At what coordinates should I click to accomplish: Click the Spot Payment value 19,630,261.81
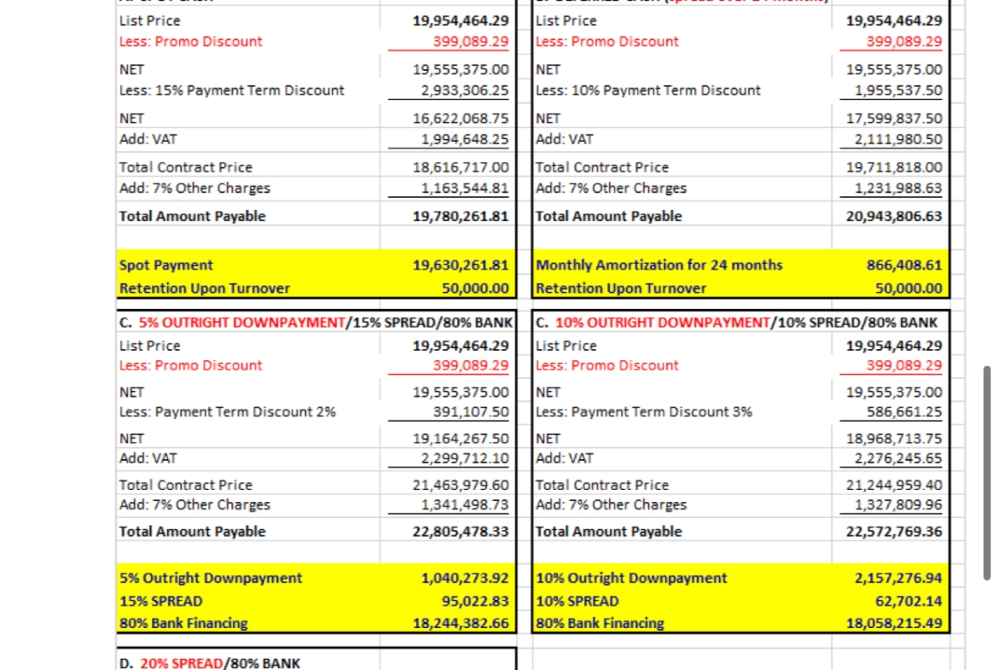460,265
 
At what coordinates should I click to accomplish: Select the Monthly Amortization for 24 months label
659,265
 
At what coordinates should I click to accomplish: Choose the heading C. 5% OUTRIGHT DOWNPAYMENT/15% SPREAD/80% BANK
316,323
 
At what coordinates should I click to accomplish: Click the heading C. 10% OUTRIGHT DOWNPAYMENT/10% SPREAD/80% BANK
738,323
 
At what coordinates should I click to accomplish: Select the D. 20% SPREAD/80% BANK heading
210,663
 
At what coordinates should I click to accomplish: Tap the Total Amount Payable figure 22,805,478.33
460,532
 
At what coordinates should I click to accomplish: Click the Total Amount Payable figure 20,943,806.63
894,217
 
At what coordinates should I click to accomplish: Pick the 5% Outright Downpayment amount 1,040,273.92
465,579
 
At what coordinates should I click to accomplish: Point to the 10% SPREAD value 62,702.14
910,601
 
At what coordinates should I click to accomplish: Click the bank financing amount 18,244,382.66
460,623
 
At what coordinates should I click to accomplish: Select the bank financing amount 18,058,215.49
894,623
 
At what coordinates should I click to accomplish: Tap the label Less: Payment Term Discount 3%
644,411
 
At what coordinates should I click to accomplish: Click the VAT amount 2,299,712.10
465,458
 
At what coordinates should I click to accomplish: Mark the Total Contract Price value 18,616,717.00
460,167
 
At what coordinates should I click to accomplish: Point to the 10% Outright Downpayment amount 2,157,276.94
898,579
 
